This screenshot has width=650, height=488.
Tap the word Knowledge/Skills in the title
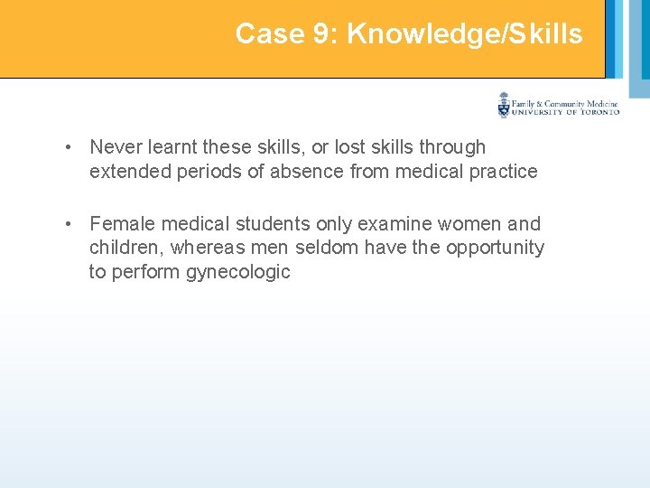465,34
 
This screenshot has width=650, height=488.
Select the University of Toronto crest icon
504,106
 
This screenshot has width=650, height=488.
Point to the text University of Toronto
566,112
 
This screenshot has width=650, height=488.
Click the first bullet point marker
69,147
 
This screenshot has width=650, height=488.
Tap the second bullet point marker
69,224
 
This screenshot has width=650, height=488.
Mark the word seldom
317,248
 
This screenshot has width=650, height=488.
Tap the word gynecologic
238,272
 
